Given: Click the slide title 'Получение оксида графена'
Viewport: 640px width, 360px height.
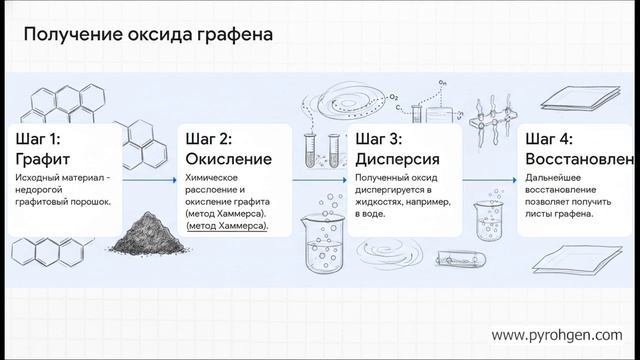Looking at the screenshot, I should point(149,36).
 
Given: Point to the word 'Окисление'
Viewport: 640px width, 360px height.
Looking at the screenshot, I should point(229,159).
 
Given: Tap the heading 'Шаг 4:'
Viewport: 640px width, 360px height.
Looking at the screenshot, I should point(559,138).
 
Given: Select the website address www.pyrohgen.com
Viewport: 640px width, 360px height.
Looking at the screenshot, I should point(559,334).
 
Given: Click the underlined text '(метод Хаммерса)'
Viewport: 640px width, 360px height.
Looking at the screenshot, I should point(227,227).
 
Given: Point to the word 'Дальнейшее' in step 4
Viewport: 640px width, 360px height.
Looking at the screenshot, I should point(556,176).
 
